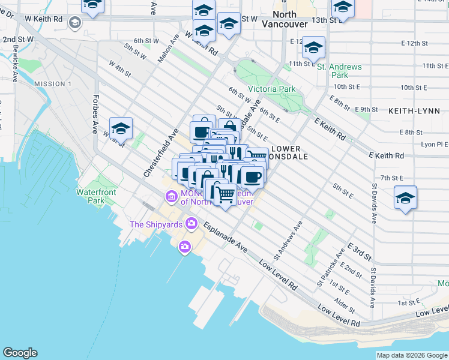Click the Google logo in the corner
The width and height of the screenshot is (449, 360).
pyautogui.click(x=20, y=353)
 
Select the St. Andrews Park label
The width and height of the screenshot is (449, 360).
pyautogui.click(x=339, y=71)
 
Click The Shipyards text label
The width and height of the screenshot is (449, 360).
pyautogui.click(x=156, y=225)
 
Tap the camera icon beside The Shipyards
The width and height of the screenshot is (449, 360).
pyautogui.click(x=191, y=224)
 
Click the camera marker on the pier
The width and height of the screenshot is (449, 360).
pyautogui.click(x=184, y=246)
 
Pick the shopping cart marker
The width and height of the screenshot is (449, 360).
pyautogui.click(x=225, y=194)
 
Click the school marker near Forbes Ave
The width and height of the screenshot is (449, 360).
pyautogui.click(x=121, y=128)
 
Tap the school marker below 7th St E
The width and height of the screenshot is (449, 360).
pyautogui.click(x=405, y=199)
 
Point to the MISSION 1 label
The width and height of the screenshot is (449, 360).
pyautogui.click(x=53, y=83)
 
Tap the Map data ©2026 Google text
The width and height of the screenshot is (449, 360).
pyautogui.click(x=412, y=355)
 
